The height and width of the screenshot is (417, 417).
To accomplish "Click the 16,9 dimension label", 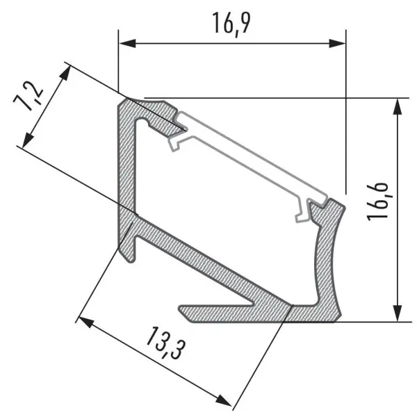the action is (231, 24).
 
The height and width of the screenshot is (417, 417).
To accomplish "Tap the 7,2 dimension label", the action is (28, 95).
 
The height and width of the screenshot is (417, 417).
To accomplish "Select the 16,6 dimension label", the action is (377, 202).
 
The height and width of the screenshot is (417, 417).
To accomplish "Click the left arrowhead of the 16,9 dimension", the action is (127, 43).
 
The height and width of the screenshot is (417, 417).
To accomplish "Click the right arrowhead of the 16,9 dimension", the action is (338, 43).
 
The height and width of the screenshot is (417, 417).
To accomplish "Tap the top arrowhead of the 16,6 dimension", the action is (397, 107).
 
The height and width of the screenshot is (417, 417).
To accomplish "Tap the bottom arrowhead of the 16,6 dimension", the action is (397, 313).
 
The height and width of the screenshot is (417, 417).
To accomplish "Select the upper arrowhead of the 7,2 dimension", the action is (66, 73).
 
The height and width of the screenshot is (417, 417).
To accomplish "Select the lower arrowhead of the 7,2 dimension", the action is (27, 140).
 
